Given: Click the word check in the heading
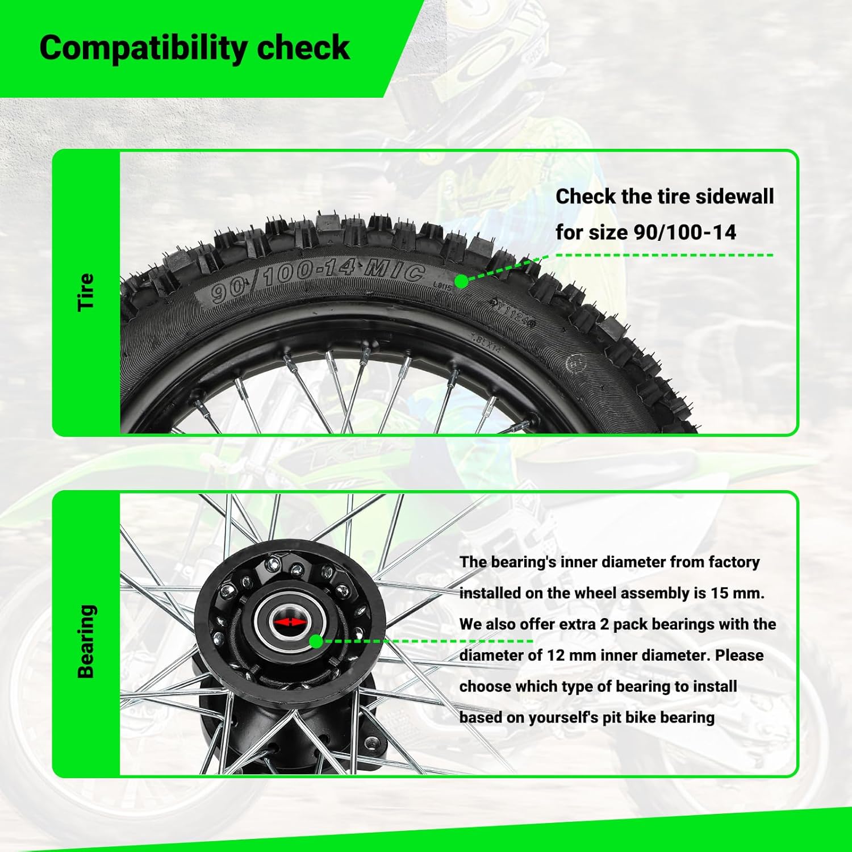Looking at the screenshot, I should pyautogui.click(x=303, y=48).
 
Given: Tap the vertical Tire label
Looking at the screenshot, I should pyautogui.click(x=86, y=292).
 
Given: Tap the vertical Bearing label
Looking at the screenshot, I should pyautogui.click(x=86, y=641).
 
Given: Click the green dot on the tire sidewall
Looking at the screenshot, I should pyautogui.click(x=462, y=281).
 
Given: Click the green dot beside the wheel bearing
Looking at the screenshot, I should pyautogui.click(x=316, y=642).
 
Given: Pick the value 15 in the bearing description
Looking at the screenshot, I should pyautogui.click(x=720, y=593).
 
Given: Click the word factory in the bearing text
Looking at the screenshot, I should pyautogui.click(x=734, y=562).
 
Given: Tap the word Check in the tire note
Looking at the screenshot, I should pyautogui.click(x=586, y=197).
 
